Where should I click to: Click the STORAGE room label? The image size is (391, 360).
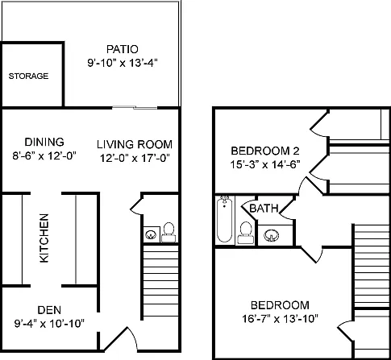click(28, 77)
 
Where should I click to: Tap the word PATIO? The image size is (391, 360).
click(123, 49)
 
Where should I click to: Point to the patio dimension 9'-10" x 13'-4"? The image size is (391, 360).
click(123, 64)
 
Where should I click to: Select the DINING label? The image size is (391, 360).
click(44, 142)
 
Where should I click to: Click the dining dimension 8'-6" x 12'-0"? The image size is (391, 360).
click(44, 155)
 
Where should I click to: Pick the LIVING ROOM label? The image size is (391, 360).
click(135, 144)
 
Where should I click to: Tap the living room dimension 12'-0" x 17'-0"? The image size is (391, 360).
click(135, 158)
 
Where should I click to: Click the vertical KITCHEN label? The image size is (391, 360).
click(44, 238)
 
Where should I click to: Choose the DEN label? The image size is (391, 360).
click(49, 310)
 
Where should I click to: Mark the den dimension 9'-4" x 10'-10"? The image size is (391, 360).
click(49, 324)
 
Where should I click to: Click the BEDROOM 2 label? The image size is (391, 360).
click(265, 151)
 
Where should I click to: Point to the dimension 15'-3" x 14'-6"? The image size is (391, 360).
click(265, 164)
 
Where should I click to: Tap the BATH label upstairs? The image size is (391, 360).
click(264, 208)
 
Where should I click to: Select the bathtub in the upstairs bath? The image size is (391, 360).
click(224, 219)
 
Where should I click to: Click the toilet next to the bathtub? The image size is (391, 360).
click(246, 233)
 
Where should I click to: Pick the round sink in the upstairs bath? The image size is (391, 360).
click(272, 235)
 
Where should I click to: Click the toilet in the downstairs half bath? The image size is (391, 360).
click(168, 233)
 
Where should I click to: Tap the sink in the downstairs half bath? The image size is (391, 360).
click(152, 234)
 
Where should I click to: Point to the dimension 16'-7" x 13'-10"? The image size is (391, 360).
click(280, 319)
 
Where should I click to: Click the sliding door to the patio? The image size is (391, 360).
click(135, 108)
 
